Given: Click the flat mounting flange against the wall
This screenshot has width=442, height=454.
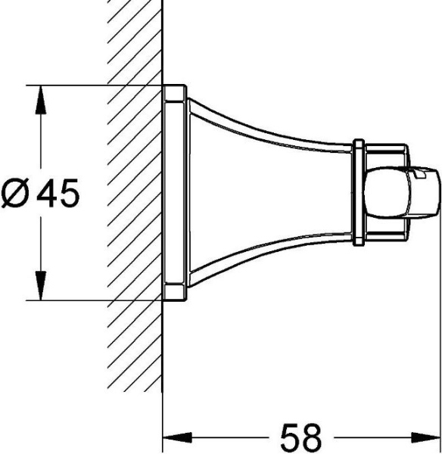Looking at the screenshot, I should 174,193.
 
